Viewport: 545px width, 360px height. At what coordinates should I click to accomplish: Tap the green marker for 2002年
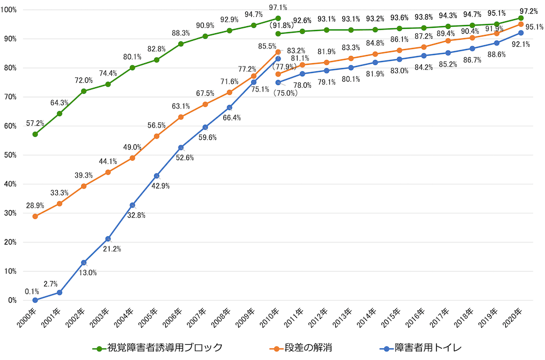click(83, 91)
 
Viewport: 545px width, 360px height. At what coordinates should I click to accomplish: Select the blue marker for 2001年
click(59, 292)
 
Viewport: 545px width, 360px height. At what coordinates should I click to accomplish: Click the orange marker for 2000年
click(35, 216)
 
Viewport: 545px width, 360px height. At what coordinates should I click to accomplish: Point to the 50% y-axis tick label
click(11, 155)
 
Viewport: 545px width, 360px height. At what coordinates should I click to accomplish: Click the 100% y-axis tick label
click(10, 10)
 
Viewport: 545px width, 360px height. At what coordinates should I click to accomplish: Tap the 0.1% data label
click(32, 291)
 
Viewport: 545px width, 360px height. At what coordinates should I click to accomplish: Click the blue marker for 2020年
click(520, 33)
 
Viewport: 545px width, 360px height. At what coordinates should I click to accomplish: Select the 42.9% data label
click(161, 186)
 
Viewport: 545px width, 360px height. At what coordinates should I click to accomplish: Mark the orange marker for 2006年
click(181, 117)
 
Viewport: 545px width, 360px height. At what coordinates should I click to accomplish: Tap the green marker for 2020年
click(520, 18)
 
